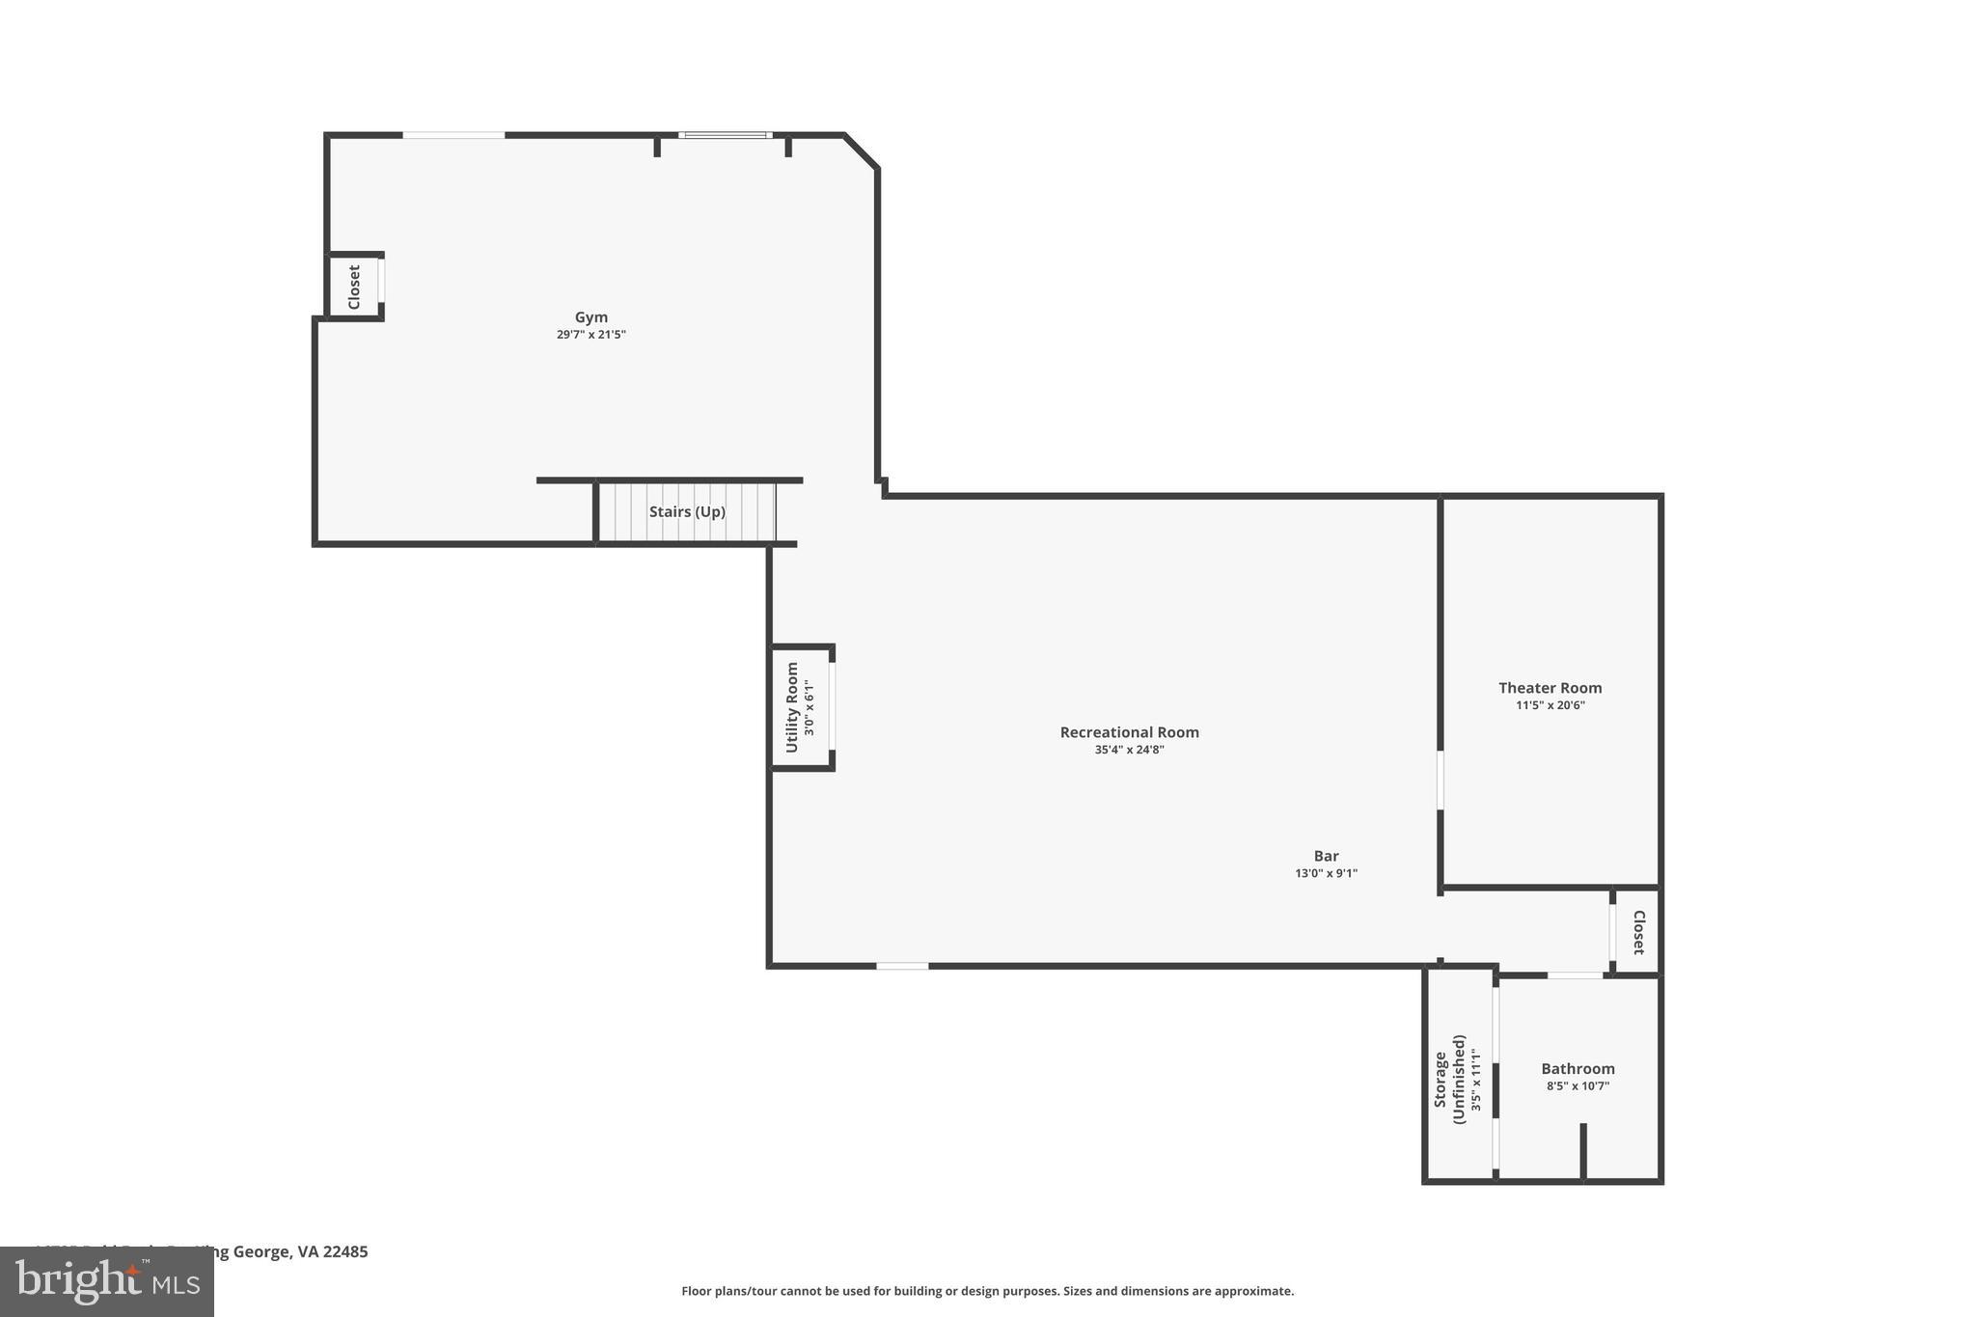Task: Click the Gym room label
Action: point(590,317)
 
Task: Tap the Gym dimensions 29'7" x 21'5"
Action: point(590,335)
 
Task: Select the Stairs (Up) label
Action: point(687,512)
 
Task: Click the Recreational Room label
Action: point(1129,732)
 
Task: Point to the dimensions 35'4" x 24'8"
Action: point(1129,750)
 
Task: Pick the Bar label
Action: point(1326,856)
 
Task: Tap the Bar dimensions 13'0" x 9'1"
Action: point(1326,873)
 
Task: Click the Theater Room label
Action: point(1550,688)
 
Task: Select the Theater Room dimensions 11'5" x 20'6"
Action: point(1550,705)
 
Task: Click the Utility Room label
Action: point(792,707)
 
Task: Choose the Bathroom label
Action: point(1578,1069)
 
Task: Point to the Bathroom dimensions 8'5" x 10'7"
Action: point(1578,1086)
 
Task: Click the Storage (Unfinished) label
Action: point(1448,1079)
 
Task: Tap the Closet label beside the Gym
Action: point(354,287)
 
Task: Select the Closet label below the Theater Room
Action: point(1637,932)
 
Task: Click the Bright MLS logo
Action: point(106,1282)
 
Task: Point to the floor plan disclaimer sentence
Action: point(987,1291)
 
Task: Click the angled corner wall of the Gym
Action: point(862,151)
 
